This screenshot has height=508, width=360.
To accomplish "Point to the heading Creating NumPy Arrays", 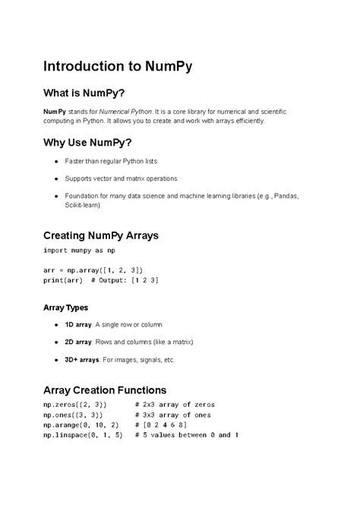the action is coord(101,235).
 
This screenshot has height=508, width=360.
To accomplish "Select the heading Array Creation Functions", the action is coord(110,391).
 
